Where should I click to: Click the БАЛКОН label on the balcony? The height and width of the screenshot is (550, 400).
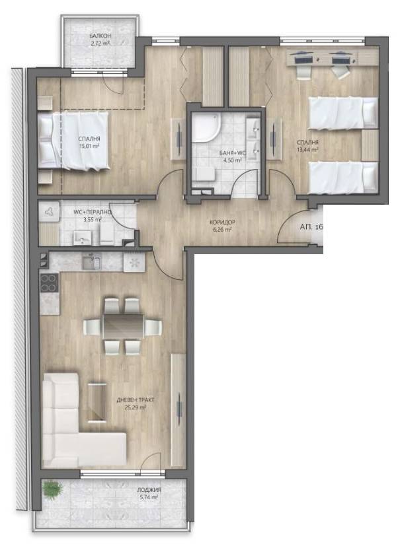click(100, 36)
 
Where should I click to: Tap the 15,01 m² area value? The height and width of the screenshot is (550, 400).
click(89, 147)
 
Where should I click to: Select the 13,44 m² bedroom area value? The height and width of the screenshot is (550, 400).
click(308, 149)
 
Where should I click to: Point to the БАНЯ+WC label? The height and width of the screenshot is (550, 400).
click(233, 153)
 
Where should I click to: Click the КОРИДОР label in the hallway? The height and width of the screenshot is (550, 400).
click(222, 222)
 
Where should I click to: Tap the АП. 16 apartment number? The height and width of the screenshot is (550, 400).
click(311, 227)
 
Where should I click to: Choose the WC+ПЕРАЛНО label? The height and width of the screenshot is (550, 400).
click(93, 212)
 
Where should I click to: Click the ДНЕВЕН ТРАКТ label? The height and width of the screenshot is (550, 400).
click(136, 400)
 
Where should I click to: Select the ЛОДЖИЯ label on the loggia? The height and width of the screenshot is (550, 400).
click(149, 490)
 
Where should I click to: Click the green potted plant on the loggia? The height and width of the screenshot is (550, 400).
click(52, 489)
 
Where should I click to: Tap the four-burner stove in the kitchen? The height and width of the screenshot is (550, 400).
click(50, 283)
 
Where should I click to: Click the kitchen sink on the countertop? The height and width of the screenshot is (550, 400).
click(92, 261)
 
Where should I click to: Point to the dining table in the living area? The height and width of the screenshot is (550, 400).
click(123, 326)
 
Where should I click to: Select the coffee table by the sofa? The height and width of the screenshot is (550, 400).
click(97, 402)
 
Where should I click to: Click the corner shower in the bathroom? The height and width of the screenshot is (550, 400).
click(206, 127)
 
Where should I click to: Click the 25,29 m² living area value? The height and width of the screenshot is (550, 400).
click(135, 407)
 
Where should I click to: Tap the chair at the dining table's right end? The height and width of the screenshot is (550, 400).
click(153, 327)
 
